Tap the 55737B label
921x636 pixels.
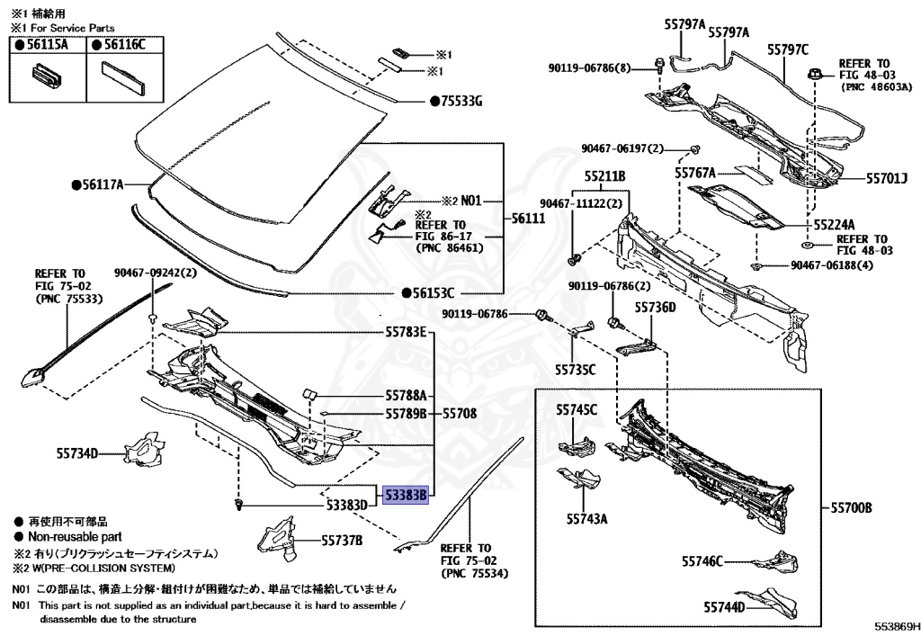tap(342, 541)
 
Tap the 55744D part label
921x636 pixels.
tap(725, 607)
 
